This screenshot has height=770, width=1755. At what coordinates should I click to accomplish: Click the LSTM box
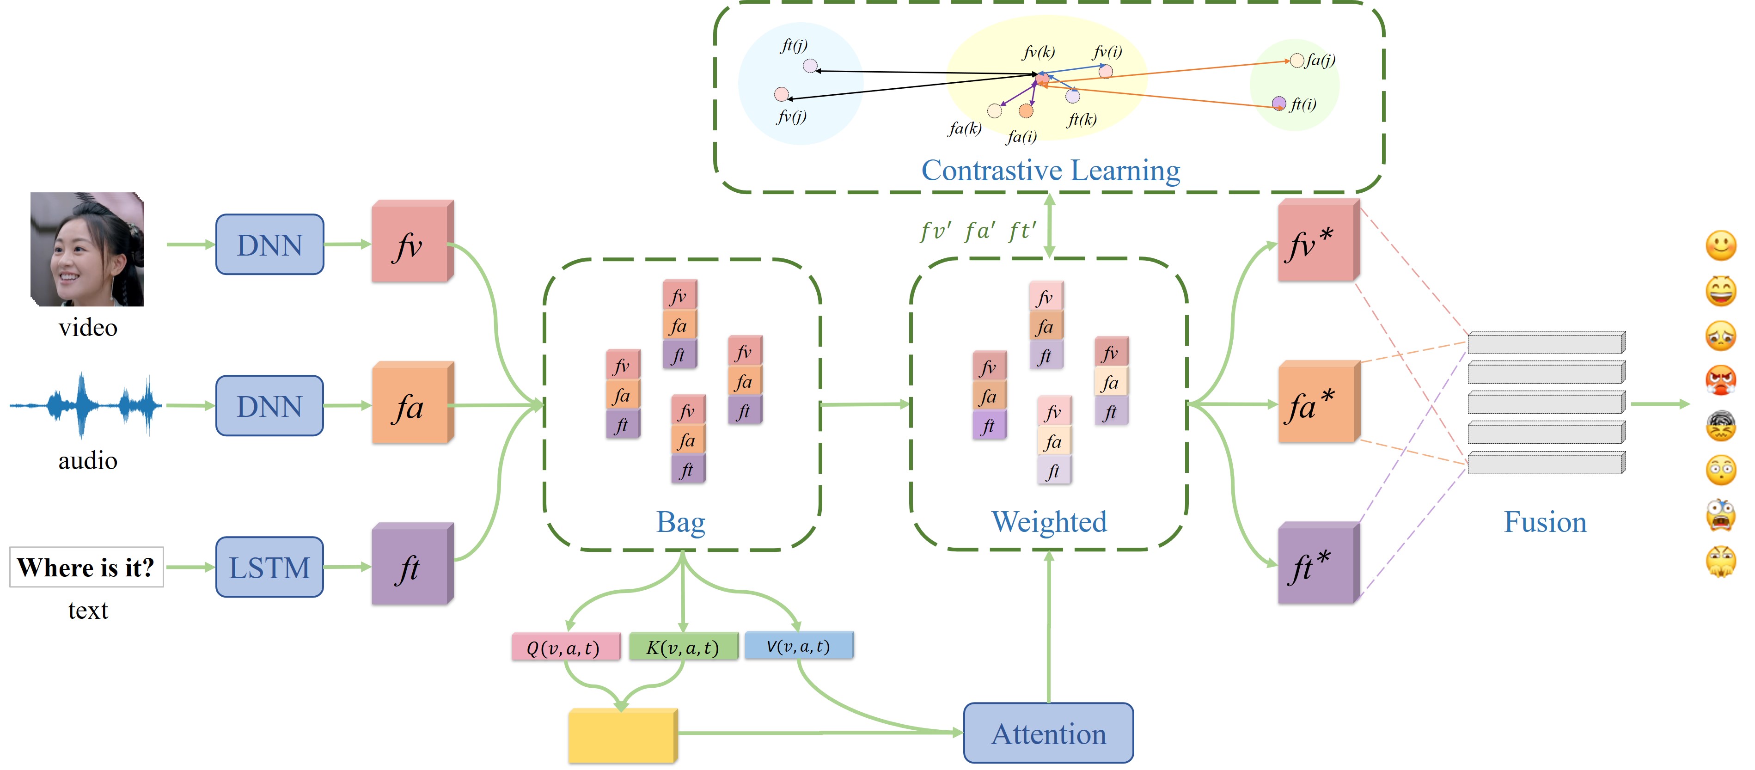(269, 567)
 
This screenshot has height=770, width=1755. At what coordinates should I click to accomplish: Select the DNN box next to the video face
(269, 244)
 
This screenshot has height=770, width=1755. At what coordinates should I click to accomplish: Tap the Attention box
(1048, 733)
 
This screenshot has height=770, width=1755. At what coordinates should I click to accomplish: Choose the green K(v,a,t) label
(683, 647)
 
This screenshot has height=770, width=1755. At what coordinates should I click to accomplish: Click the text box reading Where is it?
(86, 567)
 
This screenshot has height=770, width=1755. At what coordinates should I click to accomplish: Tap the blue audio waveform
(85, 405)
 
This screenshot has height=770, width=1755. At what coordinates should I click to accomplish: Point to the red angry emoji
(1720, 379)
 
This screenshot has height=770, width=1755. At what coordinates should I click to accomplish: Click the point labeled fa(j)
(1296, 61)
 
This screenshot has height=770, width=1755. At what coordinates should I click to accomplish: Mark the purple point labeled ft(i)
(1279, 103)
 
